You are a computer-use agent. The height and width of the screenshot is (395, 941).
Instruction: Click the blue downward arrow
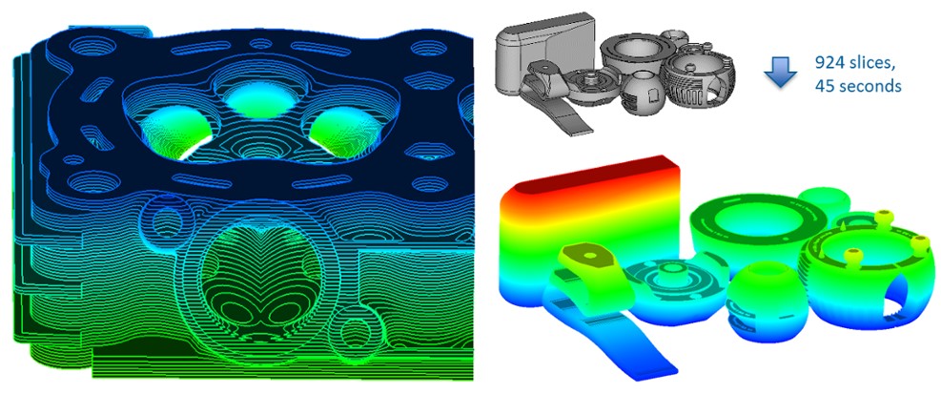(781, 71)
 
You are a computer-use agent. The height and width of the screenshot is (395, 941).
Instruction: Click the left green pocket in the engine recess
(176, 130)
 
